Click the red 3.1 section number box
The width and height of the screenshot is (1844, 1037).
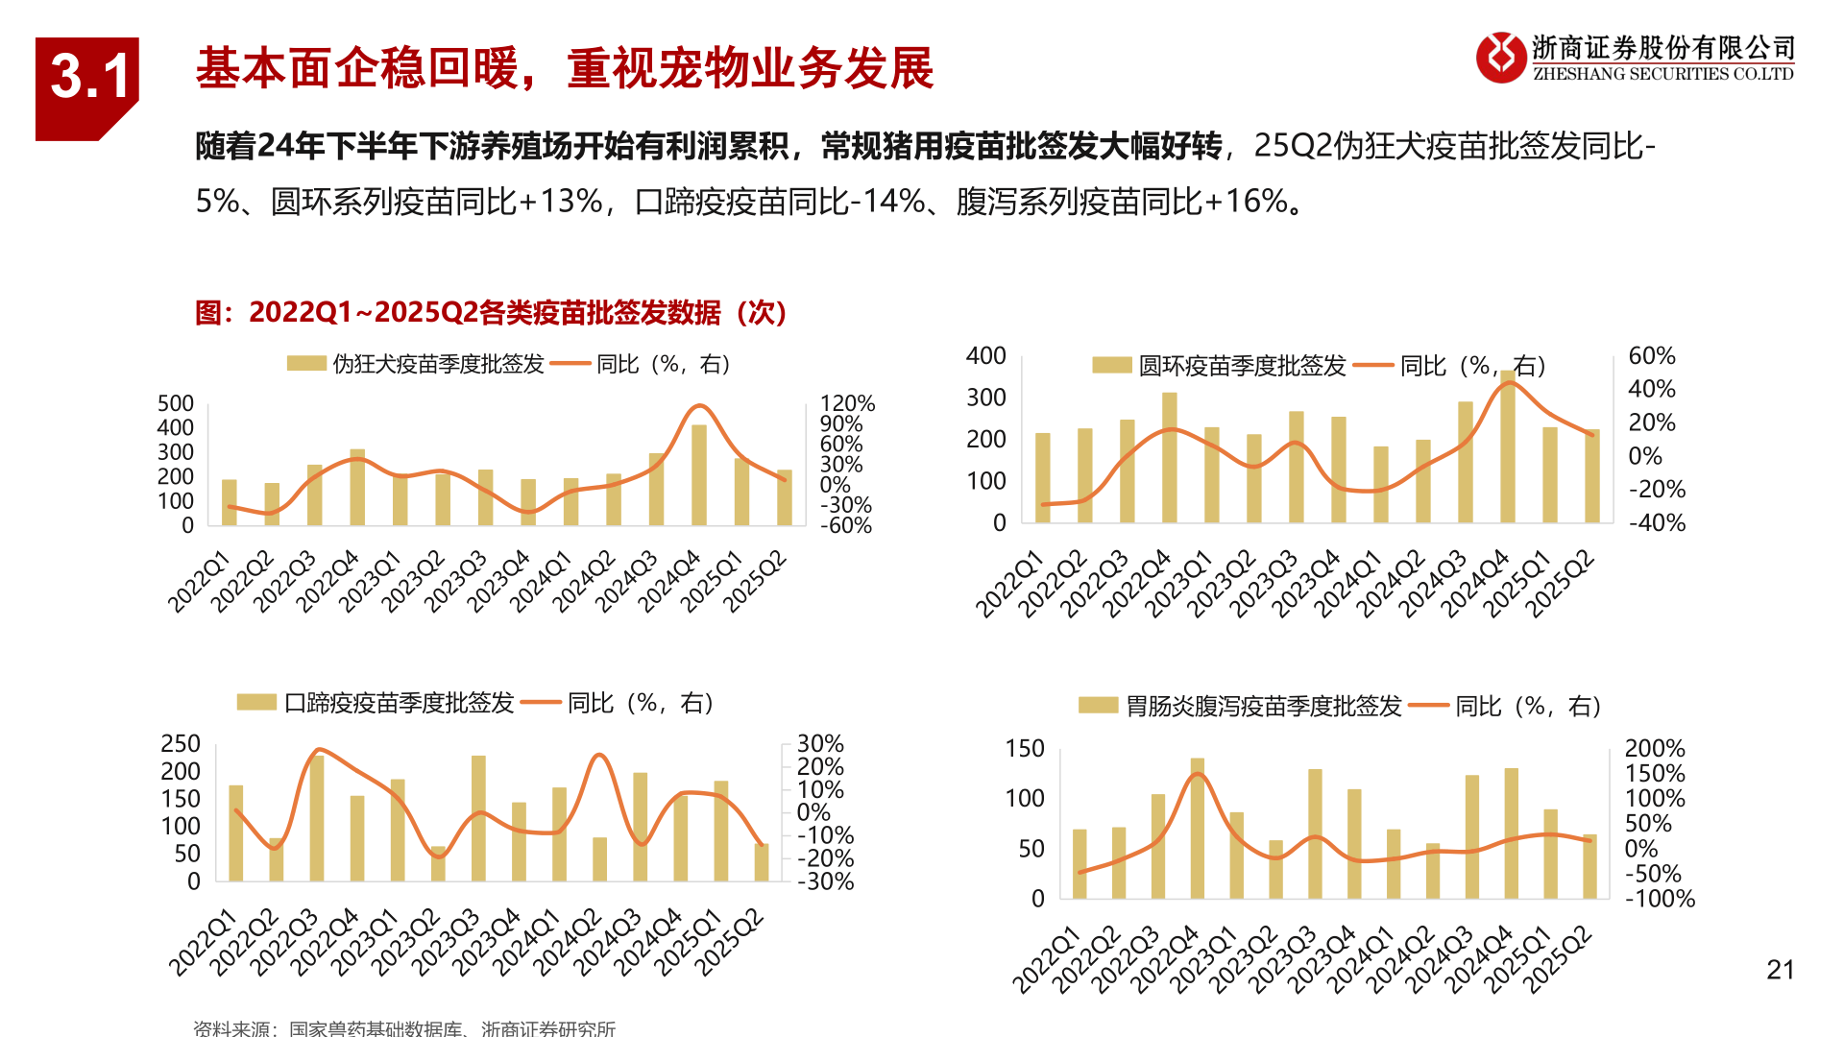pyautogui.click(x=86, y=86)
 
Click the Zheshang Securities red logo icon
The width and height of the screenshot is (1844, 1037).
pyautogui.click(x=1500, y=58)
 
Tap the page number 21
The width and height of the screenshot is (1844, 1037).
pyautogui.click(x=1780, y=970)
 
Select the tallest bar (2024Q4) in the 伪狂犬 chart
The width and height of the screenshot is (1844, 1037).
pyautogui.click(x=699, y=475)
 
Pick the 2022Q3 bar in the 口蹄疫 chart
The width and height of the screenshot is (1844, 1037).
pyautogui.click(x=317, y=818)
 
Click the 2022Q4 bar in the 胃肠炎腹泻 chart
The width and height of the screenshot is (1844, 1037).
pyautogui.click(x=1197, y=828)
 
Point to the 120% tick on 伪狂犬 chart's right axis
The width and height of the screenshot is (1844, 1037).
pyautogui.click(x=847, y=403)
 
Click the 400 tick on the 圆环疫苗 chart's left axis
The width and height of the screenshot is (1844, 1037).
pyautogui.click(x=985, y=356)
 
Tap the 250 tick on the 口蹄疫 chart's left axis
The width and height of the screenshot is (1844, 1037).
pyautogui.click(x=181, y=744)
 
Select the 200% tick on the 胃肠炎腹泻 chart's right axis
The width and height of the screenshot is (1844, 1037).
pyautogui.click(x=1654, y=748)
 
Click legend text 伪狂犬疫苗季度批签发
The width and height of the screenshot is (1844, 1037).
pyautogui.click(x=438, y=364)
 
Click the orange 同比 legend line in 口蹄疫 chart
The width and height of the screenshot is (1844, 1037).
pyautogui.click(x=541, y=703)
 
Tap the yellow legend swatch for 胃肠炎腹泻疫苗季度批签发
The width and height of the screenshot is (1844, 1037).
pyautogui.click(x=1098, y=706)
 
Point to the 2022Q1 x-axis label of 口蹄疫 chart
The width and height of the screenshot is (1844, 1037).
pyautogui.click(x=203, y=942)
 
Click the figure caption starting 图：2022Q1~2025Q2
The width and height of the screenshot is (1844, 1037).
pyautogui.click(x=491, y=312)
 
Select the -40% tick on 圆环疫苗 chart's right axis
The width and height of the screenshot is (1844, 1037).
pyautogui.click(x=1657, y=523)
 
